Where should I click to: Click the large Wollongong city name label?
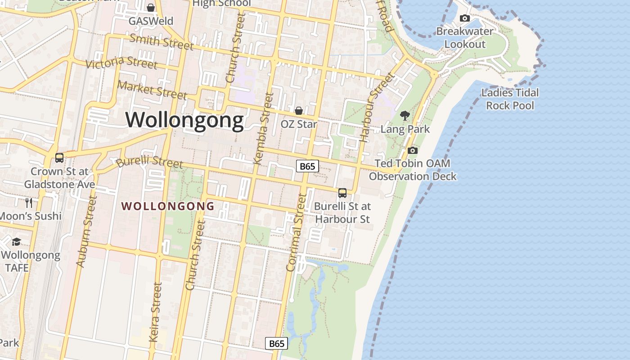click(x=184, y=120)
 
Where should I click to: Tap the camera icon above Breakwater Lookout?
click(x=465, y=18)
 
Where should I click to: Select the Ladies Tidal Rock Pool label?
click(x=510, y=99)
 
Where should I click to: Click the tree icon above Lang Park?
click(x=405, y=116)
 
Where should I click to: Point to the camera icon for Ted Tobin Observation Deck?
click(x=412, y=150)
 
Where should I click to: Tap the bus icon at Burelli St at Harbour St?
click(x=342, y=193)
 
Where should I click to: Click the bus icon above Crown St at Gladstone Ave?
click(x=59, y=158)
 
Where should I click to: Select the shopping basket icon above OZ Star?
click(x=298, y=111)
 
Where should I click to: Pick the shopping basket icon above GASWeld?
click(x=150, y=8)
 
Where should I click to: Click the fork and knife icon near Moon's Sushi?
click(x=29, y=202)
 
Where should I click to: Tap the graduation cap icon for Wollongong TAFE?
click(x=16, y=242)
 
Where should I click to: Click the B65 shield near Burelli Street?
click(x=307, y=166)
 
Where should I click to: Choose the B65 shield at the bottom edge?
click(x=276, y=343)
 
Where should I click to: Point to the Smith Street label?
click(x=161, y=42)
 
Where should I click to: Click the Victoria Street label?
click(x=121, y=63)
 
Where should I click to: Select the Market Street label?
click(x=152, y=90)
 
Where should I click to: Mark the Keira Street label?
click(x=155, y=312)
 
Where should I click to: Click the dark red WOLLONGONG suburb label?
click(x=168, y=206)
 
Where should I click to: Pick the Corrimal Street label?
click(x=296, y=233)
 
